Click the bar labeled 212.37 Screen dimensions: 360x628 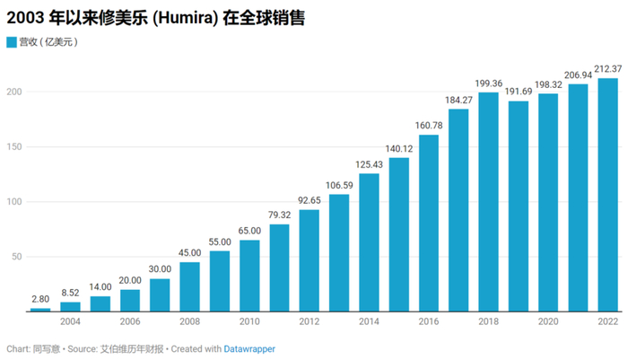tap(607, 195)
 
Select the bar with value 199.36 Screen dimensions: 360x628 tap(488, 202)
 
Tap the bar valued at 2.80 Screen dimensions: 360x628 tap(40, 310)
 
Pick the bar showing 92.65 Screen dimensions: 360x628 tap(309, 260)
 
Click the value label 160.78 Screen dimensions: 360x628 tap(428, 126)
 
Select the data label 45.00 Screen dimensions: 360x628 tap(189, 252)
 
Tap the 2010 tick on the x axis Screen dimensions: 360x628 tap(249, 320)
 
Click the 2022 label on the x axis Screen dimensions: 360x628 tap(607, 320)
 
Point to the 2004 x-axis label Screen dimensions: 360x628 tap(70, 320)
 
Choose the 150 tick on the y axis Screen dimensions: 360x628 tap(15, 146)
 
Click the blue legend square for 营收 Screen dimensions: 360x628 tap(12, 42)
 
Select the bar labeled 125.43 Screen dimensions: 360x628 tap(369, 242)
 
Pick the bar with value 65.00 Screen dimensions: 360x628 tap(249, 276)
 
